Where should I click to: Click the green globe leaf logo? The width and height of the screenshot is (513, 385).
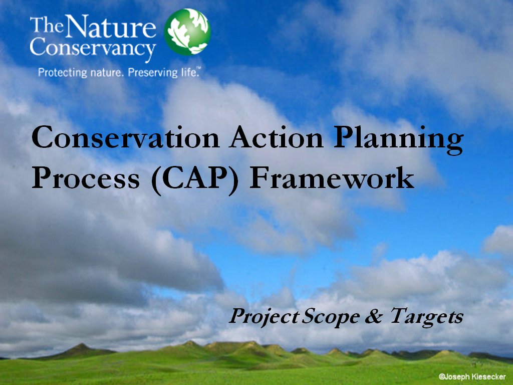pos(187,32)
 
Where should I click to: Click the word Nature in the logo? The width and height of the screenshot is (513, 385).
pos(111,26)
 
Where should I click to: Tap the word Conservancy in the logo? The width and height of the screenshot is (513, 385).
pos(93,48)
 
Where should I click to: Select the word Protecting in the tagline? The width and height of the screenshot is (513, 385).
pos(63,72)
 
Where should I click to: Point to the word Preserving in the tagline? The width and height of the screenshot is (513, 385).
pos(153,72)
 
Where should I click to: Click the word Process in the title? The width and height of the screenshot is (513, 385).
pos(86,178)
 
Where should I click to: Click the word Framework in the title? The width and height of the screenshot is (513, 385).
pos(332,178)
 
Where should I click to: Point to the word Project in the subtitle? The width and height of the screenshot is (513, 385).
pos(264,317)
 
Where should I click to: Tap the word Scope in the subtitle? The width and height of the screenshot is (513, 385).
pos(331,317)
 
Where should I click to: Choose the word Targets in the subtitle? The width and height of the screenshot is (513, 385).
pos(426,317)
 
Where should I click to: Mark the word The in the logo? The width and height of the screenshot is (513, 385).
pos(47,25)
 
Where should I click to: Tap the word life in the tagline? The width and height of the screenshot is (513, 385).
pos(190,72)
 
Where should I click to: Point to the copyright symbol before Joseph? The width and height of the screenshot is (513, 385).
pos(441,377)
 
